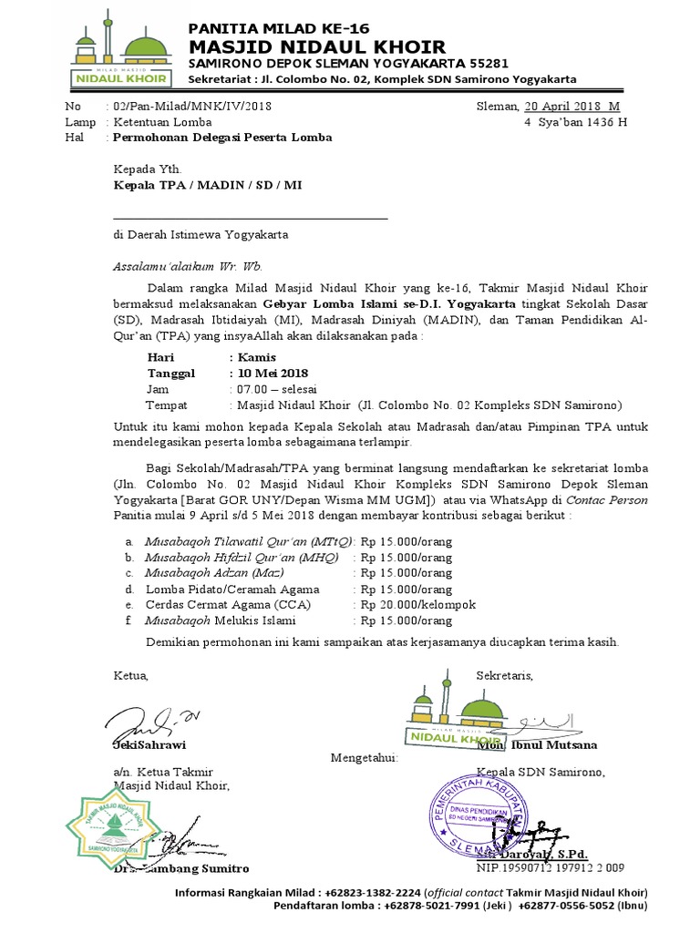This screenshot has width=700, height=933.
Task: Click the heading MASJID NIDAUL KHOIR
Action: click(x=316, y=46)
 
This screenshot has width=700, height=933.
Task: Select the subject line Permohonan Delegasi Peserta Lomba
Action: click(x=222, y=138)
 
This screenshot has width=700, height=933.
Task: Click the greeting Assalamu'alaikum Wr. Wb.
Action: click(x=187, y=267)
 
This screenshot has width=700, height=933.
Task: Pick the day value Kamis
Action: click(x=256, y=358)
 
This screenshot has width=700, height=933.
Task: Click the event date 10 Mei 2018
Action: click(x=272, y=374)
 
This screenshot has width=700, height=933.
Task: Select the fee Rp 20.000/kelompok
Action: click(x=418, y=605)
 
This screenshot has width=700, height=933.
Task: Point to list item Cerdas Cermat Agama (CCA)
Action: click(x=228, y=605)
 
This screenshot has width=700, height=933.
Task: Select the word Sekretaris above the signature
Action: click(x=504, y=675)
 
